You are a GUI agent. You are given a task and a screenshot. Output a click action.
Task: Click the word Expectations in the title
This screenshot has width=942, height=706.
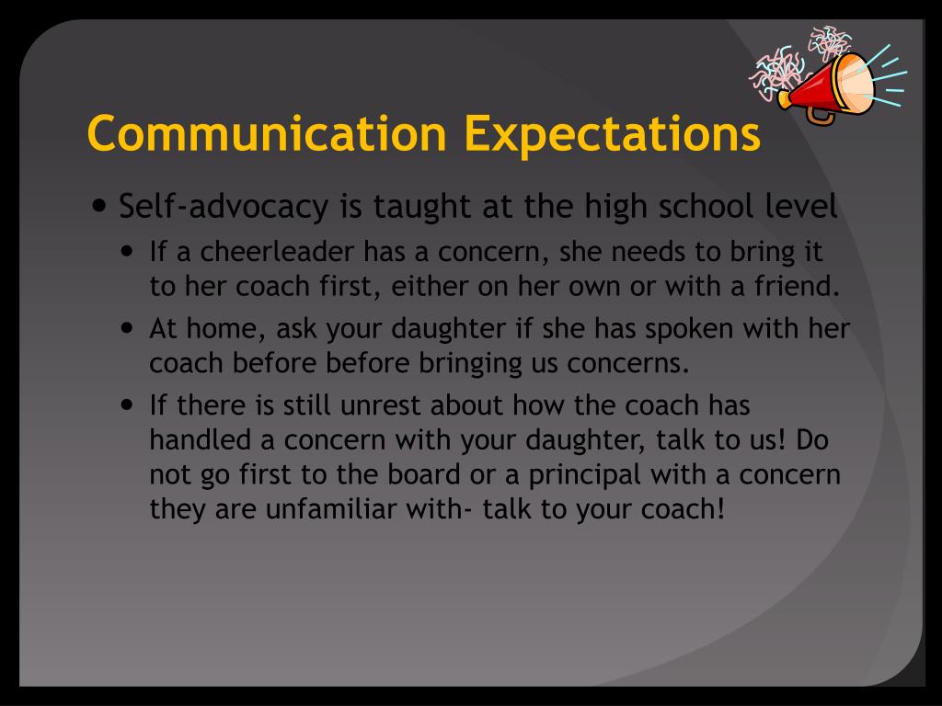pos(612,133)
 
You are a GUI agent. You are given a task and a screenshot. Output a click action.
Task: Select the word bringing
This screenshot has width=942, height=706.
pos(471,362)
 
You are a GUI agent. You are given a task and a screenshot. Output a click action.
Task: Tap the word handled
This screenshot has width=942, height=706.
pos(201,439)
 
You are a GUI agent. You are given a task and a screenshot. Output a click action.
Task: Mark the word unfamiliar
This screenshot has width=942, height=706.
pos(350,508)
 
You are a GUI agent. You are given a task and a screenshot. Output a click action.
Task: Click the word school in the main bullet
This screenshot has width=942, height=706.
pos(709,208)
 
